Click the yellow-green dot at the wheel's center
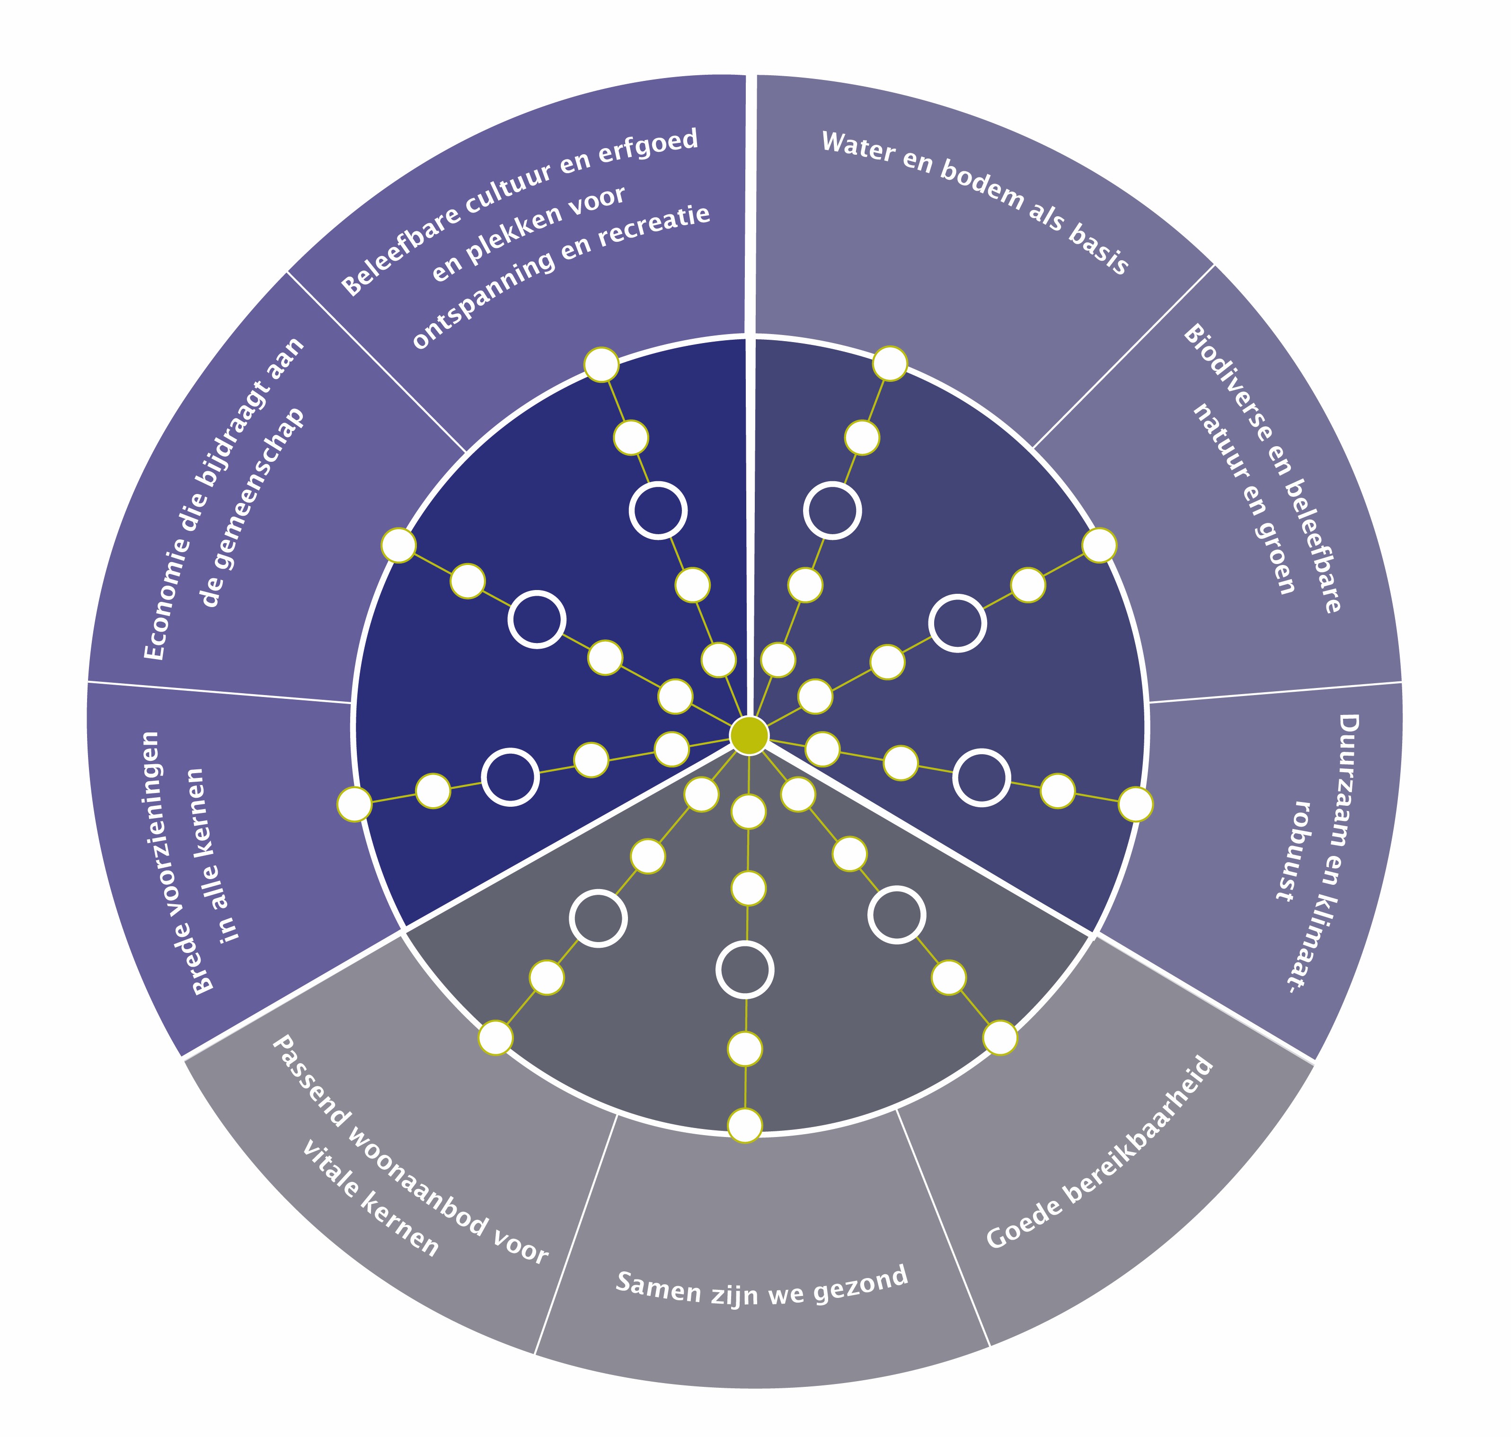click(749, 735)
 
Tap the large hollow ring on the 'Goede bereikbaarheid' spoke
click(896, 915)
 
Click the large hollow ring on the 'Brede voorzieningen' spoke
click(510, 777)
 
